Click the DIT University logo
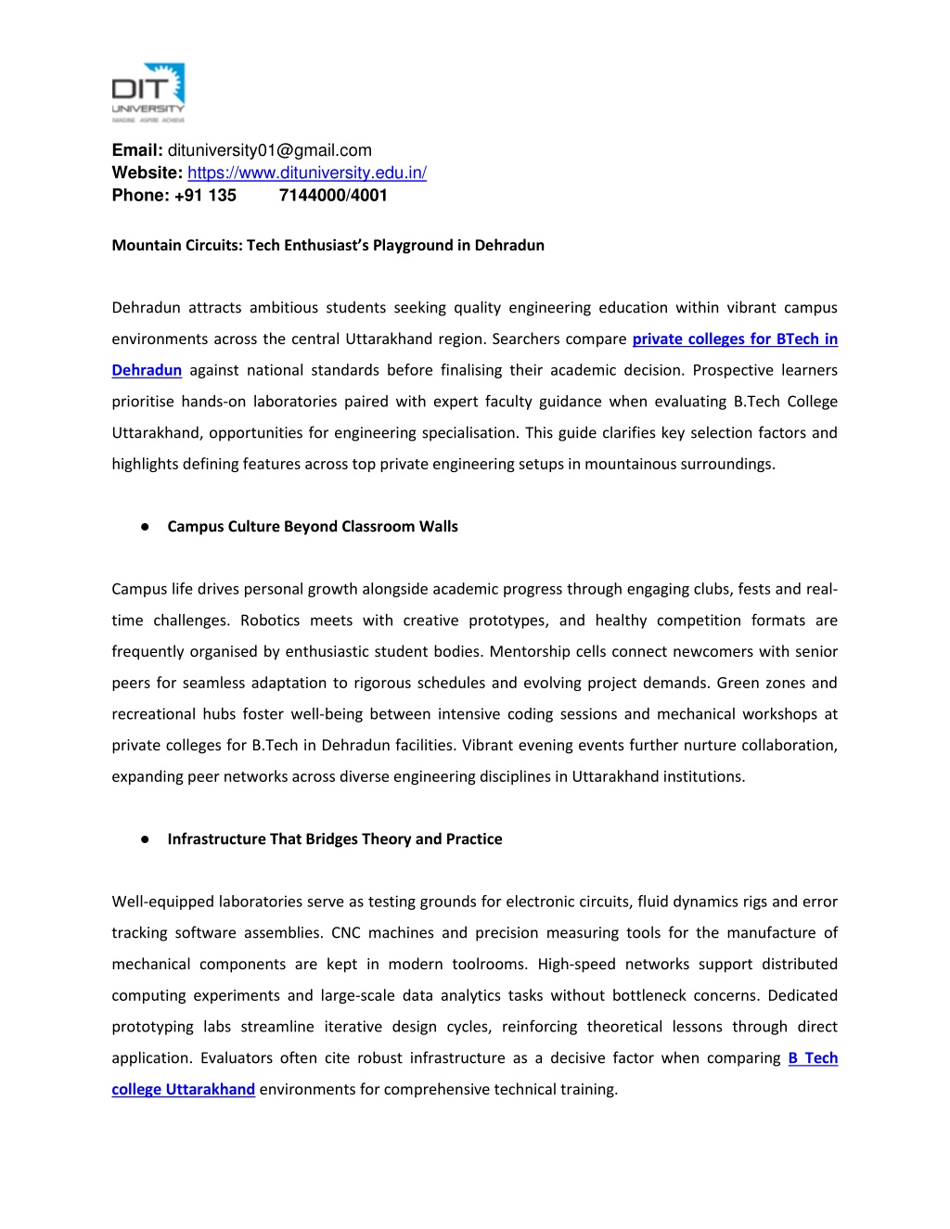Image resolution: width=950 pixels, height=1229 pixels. point(148,93)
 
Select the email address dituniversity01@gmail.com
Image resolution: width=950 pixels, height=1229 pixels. point(269,150)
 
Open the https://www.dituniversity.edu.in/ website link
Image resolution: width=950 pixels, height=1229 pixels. point(307,173)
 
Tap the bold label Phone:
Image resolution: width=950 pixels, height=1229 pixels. point(141,195)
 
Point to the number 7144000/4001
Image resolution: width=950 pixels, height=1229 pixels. point(333,195)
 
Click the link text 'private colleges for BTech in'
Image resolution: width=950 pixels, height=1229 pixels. point(735,339)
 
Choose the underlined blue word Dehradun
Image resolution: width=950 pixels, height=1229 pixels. point(147,370)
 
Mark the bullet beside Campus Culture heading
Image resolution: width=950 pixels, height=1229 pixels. point(146,527)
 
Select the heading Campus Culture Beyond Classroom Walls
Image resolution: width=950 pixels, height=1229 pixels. point(313,527)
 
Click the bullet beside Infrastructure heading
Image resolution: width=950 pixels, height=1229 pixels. point(146,839)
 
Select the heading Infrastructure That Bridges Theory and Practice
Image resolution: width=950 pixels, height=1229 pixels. point(335,839)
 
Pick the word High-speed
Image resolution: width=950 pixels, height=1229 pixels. point(576,965)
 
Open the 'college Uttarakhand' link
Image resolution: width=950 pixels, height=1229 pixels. point(183,1089)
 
